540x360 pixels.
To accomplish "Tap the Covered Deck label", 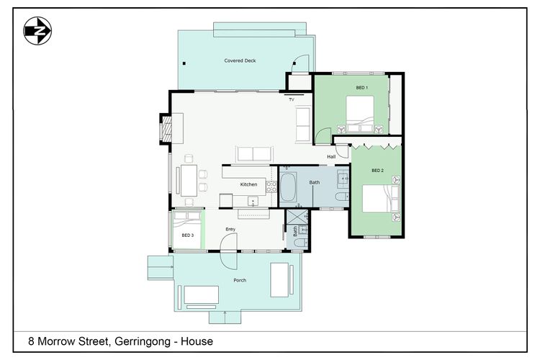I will coord(240,61).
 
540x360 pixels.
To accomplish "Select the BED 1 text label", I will coord(361,88).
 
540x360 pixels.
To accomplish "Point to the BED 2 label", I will coord(377,171).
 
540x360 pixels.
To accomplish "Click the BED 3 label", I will coord(187,235).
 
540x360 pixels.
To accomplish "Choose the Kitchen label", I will coord(248,184).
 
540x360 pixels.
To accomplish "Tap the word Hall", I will coord(331,156).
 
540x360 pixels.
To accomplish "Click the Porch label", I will coord(240,280).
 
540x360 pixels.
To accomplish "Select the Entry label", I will coord(230,230).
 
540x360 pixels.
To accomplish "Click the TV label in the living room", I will coord(292,99).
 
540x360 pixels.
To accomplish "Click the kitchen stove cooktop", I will coord(271,186).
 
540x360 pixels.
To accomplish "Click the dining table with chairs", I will coord(189,180).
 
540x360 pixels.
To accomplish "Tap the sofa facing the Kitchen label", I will coord(255,153).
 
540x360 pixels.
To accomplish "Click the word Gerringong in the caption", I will coord(148,341).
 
